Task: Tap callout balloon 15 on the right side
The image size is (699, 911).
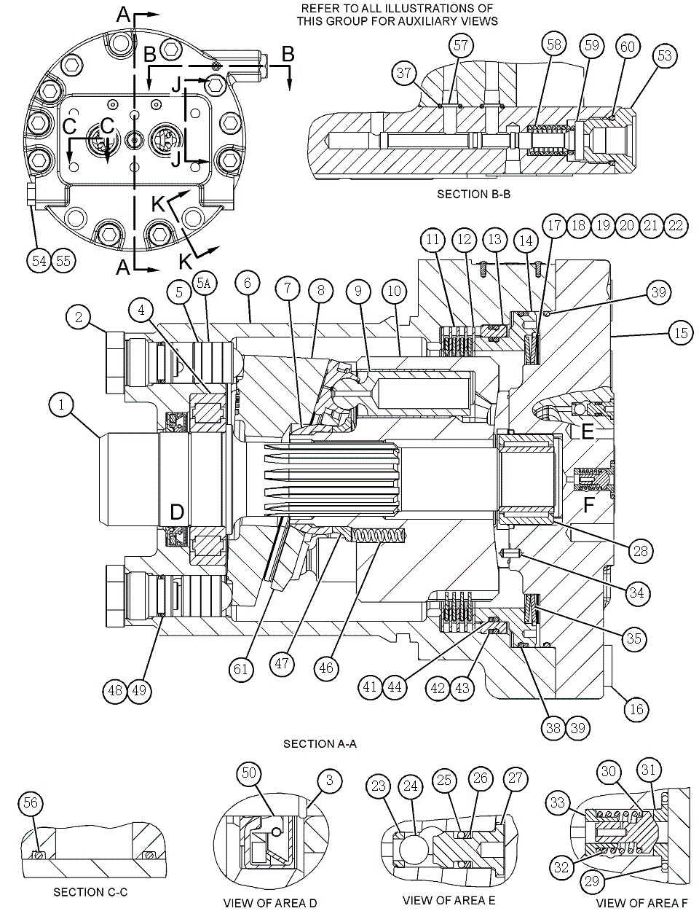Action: (x=679, y=334)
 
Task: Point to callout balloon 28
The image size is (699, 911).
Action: (x=641, y=551)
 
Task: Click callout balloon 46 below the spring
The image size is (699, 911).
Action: (x=328, y=668)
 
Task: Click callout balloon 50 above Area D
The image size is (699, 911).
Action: (x=250, y=773)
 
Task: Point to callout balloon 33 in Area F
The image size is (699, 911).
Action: (x=558, y=804)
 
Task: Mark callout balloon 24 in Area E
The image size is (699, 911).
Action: (x=411, y=786)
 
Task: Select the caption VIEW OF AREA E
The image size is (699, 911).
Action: (x=449, y=901)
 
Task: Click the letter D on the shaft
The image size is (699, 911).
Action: (x=176, y=512)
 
